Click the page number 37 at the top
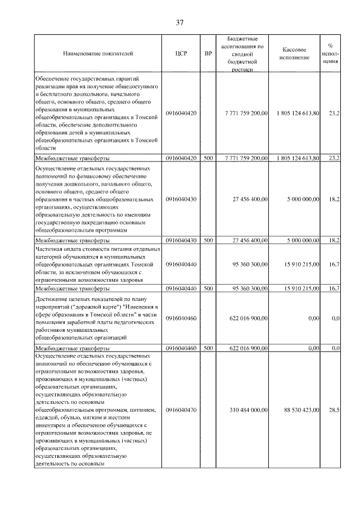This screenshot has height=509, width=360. coord(180,23)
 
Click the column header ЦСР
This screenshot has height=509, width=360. coord(181,54)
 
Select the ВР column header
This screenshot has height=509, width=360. coord(208,54)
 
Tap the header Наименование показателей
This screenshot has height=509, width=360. coord(98,54)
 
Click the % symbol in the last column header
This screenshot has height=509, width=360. coord(331,46)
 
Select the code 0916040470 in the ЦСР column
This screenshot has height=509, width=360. coord(181,410)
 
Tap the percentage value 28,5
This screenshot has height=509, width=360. coord(334,410)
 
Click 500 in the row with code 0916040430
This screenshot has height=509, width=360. coord(208,240)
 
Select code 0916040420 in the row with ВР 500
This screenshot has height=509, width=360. coord(181,159)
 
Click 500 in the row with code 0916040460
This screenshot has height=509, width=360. coord(208,349)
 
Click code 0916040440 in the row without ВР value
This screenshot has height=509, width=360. coord(181,263)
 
